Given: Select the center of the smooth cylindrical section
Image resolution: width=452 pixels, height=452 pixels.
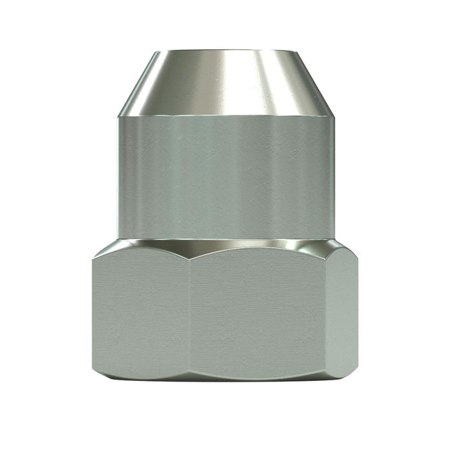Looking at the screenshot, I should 226,178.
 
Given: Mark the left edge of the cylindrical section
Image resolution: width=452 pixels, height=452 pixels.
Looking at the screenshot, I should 119,178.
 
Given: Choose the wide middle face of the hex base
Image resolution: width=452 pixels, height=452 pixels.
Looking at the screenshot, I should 258,313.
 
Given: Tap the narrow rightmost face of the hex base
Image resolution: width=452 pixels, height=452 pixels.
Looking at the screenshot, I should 342,313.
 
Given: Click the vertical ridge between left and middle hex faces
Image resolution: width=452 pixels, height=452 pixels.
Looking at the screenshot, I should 190,313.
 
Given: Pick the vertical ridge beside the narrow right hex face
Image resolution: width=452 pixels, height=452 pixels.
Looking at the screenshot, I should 327,313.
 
